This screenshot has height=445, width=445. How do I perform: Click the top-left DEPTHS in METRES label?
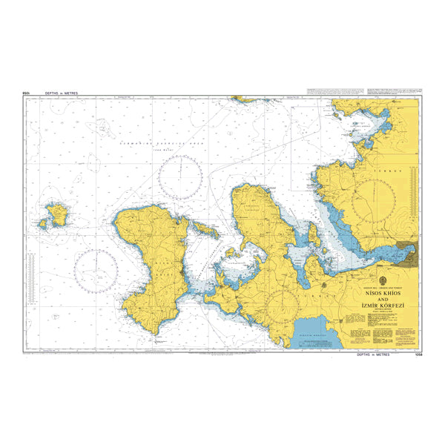(x=61, y=93)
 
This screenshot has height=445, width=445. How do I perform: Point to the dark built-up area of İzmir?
(x=406, y=254)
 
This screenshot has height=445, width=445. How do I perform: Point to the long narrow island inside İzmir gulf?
(x=314, y=237)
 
